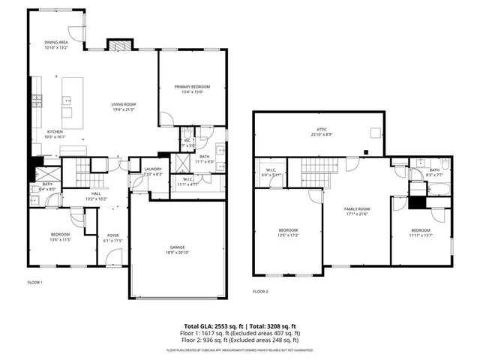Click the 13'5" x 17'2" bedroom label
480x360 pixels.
(x=289, y=232)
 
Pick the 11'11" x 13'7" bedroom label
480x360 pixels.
(x=420, y=232)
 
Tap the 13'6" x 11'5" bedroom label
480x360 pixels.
(x=61, y=238)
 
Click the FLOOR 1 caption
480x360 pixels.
(x=34, y=283)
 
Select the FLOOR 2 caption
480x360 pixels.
(x=260, y=291)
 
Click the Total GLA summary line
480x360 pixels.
(x=242, y=325)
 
